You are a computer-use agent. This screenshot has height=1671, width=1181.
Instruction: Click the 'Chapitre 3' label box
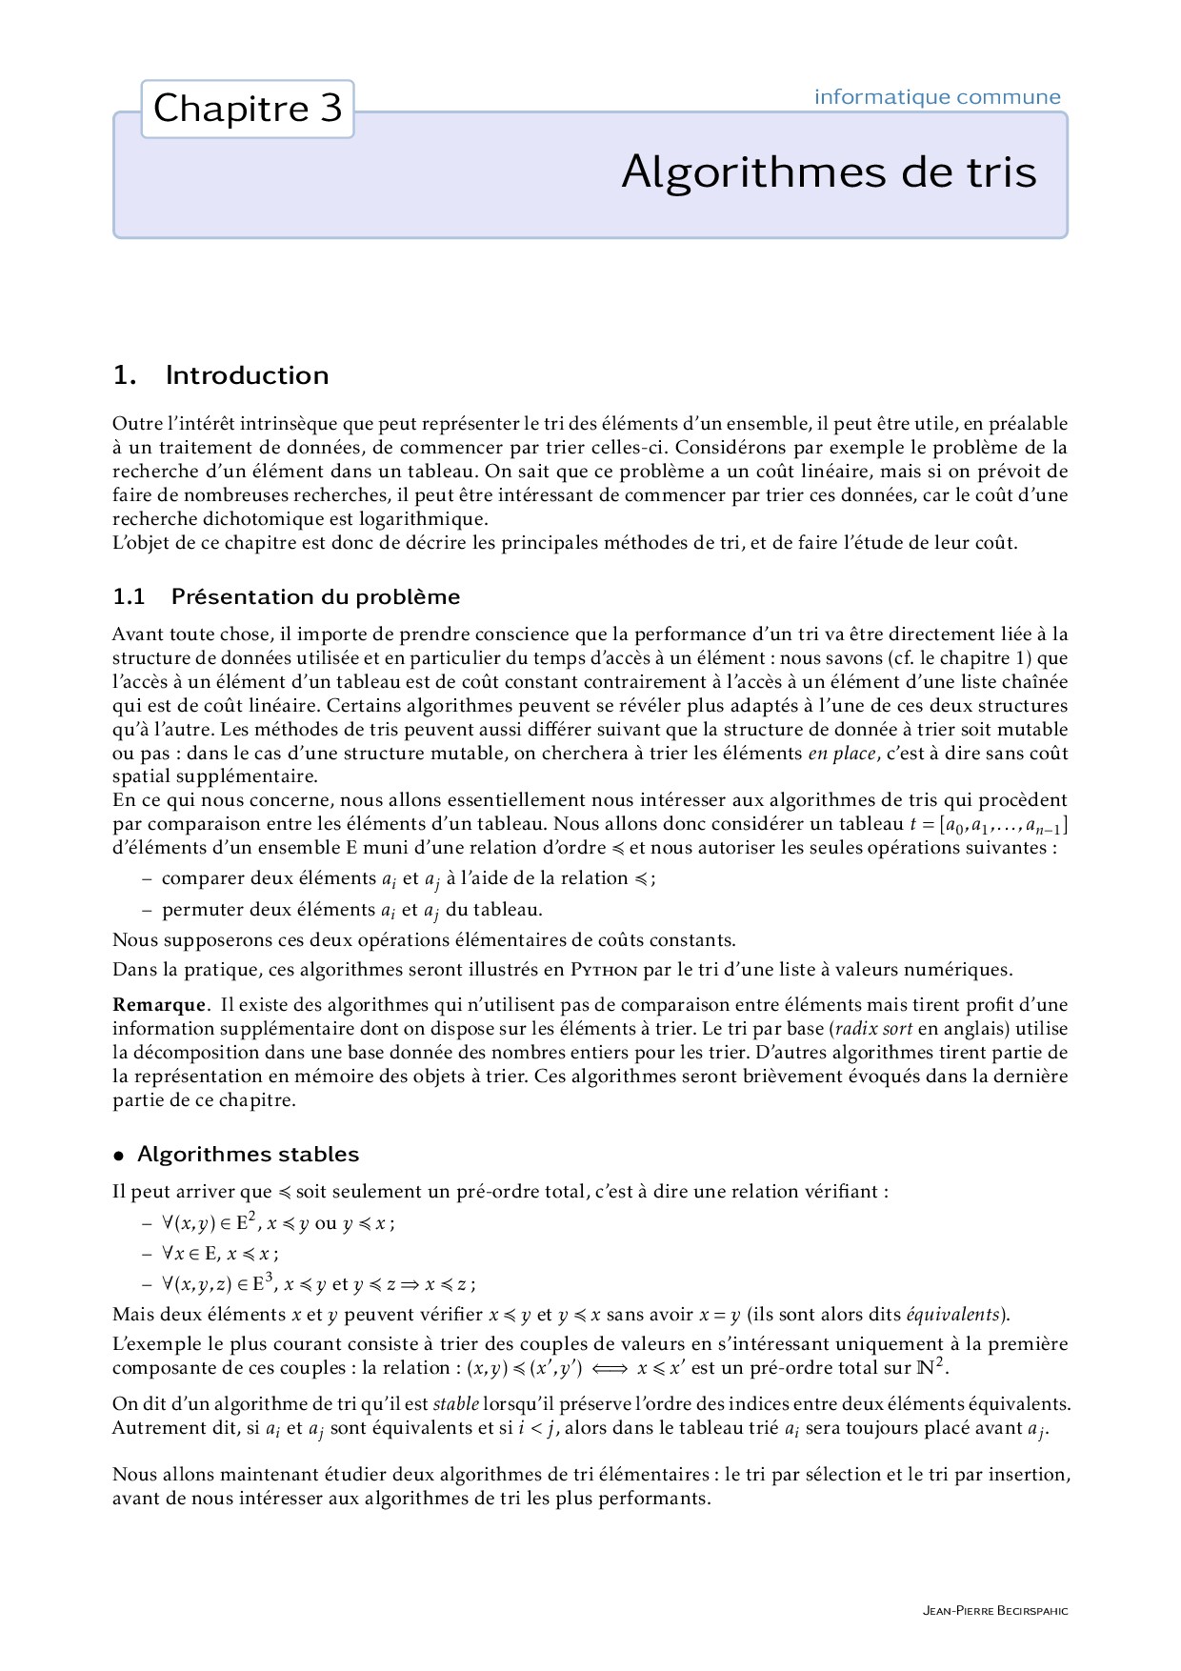click(x=248, y=109)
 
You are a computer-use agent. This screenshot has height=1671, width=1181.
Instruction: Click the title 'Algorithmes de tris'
click(x=829, y=172)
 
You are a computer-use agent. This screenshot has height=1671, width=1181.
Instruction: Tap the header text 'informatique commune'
click(x=937, y=97)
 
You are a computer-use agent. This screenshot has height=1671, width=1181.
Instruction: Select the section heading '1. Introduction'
click(x=221, y=375)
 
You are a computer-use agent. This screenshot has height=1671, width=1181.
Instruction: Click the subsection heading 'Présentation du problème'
click(x=315, y=597)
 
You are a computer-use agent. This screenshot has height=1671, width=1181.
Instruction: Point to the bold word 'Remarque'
click(x=158, y=1005)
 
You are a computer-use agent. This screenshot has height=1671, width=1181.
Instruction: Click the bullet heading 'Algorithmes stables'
click(x=248, y=1155)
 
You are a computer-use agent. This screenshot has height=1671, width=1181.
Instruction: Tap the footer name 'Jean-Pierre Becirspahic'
click(x=995, y=1611)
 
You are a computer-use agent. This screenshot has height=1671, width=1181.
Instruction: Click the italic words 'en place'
click(x=841, y=754)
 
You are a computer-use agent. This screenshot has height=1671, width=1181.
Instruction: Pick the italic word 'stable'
click(x=455, y=1404)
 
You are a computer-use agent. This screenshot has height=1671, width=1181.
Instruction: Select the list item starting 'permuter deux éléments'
click(x=351, y=910)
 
